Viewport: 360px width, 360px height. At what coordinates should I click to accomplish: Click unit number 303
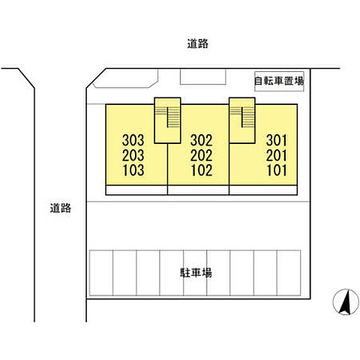click(x=133, y=140)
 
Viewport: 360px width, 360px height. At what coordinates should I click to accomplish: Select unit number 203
click(x=133, y=155)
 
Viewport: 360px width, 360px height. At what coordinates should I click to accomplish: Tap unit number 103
click(x=133, y=170)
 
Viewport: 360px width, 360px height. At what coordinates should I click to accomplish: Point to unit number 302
click(x=201, y=140)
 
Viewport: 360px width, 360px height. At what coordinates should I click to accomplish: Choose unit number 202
click(x=201, y=155)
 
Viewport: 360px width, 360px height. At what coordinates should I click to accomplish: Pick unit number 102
click(x=202, y=170)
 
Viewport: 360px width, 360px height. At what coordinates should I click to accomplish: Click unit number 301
click(x=277, y=140)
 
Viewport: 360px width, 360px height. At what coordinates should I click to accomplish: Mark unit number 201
click(x=277, y=155)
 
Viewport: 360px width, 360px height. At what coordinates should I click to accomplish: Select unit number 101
click(x=277, y=170)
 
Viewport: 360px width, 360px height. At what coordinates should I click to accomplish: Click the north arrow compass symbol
click(x=346, y=301)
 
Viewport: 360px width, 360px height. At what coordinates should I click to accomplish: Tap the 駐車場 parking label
click(x=196, y=273)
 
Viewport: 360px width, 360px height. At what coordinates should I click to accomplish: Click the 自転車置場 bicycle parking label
click(x=279, y=81)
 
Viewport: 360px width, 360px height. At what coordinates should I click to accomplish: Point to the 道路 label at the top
click(x=198, y=43)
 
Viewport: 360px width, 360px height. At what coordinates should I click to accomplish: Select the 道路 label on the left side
click(x=61, y=208)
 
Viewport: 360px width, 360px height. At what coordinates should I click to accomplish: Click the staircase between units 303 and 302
click(x=167, y=120)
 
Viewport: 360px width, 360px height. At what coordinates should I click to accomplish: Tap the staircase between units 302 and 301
click(x=242, y=120)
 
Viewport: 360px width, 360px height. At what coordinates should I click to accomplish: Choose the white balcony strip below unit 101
click(x=263, y=190)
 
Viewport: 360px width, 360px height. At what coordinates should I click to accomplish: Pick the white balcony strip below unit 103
click(x=136, y=190)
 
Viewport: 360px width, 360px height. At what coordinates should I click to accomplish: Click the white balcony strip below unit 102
click(x=198, y=190)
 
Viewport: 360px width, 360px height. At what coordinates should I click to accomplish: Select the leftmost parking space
click(x=101, y=273)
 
